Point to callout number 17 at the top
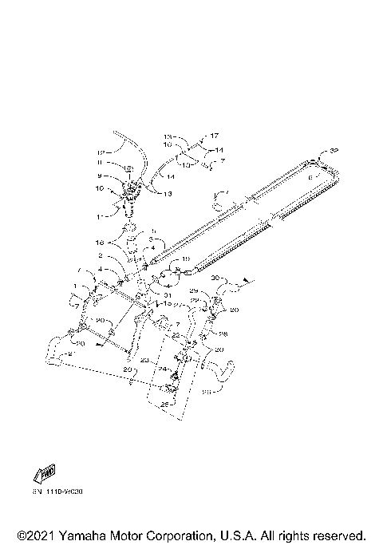click(213, 136)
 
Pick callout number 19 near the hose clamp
click(184, 259)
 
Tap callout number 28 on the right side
click(223, 334)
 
